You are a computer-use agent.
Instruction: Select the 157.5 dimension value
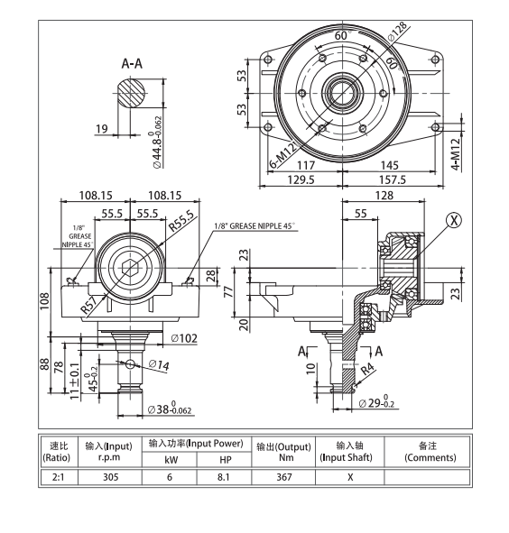tap(393, 180)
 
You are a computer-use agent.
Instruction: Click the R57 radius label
tap(88, 303)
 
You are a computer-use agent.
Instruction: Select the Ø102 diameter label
tap(184, 337)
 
